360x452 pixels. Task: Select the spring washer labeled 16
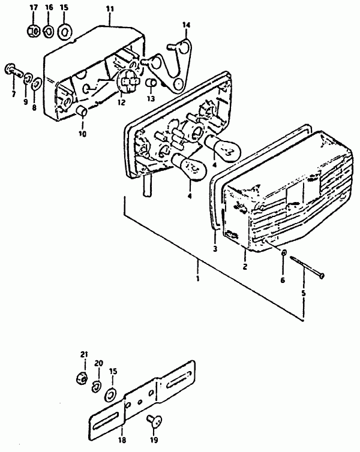[x=48, y=31]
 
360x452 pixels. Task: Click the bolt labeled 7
[x=14, y=70]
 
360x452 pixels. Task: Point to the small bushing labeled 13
[x=151, y=83]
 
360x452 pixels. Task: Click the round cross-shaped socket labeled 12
[x=129, y=82]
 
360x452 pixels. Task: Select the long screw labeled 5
[x=307, y=267]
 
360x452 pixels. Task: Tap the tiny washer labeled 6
[x=284, y=252]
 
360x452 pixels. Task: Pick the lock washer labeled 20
[x=97, y=387]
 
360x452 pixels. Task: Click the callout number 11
[x=110, y=9]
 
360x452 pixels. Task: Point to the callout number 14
[x=187, y=25]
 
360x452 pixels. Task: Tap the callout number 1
[x=197, y=279]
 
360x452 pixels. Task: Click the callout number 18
[x=122, y=440]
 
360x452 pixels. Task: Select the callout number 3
[x=215, y=249]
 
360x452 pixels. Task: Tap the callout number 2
[x=245, y=267]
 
